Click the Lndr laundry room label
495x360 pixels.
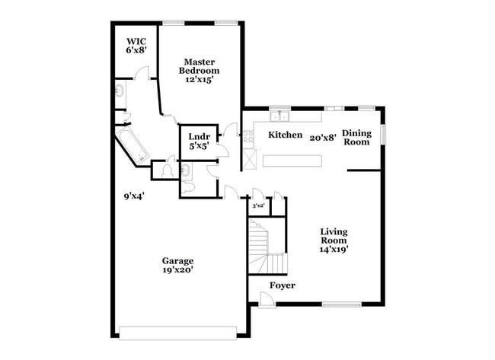coord(197,137)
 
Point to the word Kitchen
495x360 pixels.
coord(286,135)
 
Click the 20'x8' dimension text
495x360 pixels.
coord(323,138)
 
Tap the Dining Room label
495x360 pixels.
coord(356,138)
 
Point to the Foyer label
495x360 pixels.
coord(283,285)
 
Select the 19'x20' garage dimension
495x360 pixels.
coord(176,269)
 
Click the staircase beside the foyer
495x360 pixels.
coord(267,246)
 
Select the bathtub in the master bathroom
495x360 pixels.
coord(131,148)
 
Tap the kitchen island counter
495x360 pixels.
coord(292,161)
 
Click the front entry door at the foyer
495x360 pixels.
coord(265,301)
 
